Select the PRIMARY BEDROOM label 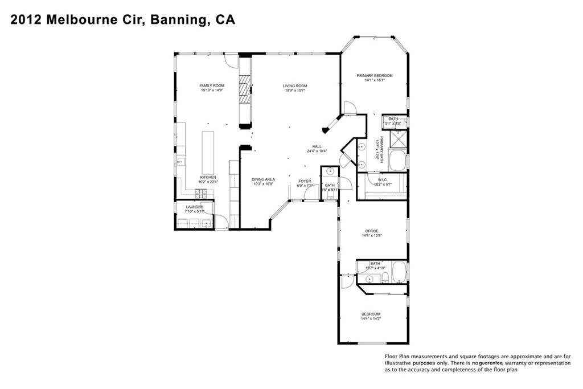374,75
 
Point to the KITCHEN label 208,177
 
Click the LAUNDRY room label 194,207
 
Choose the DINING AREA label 263,179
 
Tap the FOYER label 305,181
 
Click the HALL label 317,146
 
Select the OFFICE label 371,231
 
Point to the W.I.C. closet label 381,179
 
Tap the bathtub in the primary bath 398,159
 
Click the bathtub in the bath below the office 399,273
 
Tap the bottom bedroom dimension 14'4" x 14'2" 371,319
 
